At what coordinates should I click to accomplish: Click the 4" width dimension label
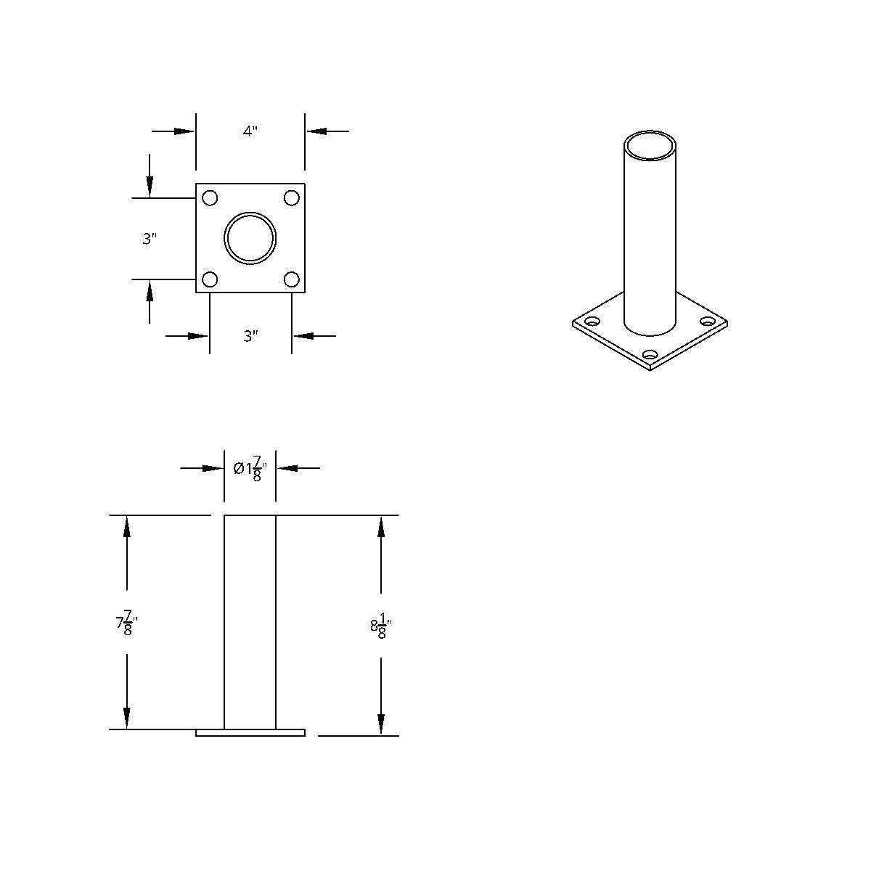pos(250,131)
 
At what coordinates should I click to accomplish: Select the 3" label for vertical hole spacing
pos(150,239)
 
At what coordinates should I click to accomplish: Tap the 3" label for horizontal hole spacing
pos(251,336)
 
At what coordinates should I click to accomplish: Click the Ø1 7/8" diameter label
pos(250,470)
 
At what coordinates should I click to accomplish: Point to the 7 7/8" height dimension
pos(126,623)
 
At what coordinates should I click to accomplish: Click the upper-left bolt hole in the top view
pos(210,197)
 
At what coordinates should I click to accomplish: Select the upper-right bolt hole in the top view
pos(292,197)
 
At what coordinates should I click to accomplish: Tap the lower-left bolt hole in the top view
pos(210,279)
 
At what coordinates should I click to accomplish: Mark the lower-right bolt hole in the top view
pos(292,279)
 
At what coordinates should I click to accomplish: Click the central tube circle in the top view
pos(250,238)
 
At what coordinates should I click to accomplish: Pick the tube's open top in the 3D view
pos(650,144)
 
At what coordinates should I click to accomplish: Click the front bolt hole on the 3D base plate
pos(650,355)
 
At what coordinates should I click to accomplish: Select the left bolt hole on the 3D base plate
pos(594,322)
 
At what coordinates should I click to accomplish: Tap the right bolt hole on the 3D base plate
pos(707,322)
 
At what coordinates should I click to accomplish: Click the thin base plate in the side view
pos(250,733)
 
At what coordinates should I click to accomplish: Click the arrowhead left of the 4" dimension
pos(185,131)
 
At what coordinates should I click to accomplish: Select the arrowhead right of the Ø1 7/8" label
pos(287,468)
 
